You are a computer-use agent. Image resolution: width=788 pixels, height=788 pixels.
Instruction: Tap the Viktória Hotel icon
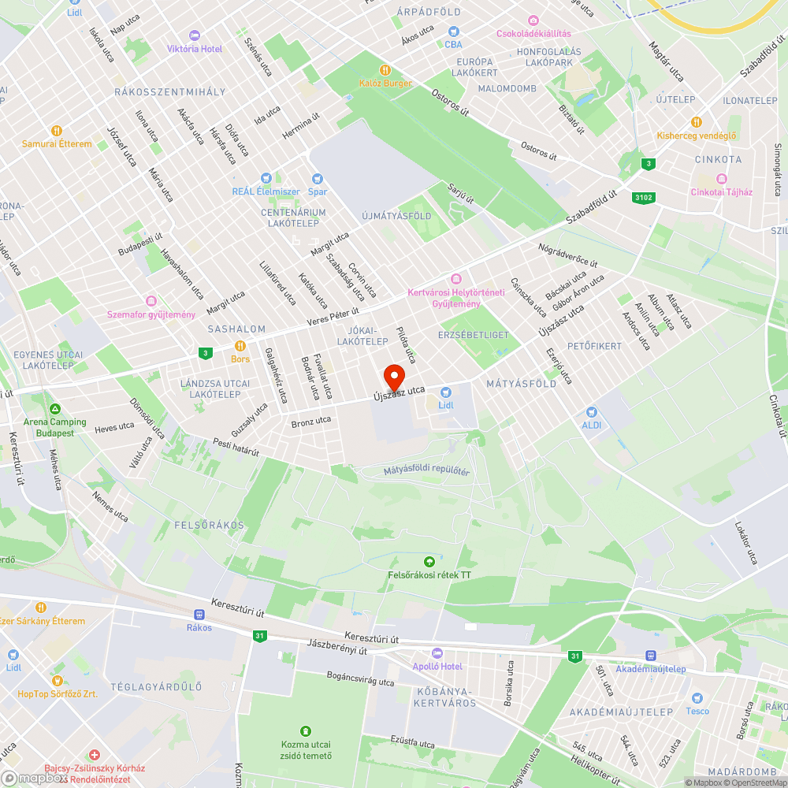pyautogui.click(x=195, y=35)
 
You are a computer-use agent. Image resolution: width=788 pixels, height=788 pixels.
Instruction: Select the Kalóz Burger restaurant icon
pyautogui.click(x=385, y=69)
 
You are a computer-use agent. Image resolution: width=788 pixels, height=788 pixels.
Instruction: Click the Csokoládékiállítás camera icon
pyautogui.click(x=533, y=20)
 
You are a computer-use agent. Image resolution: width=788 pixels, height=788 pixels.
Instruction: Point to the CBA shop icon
pyautogui.click(x=453, y=32)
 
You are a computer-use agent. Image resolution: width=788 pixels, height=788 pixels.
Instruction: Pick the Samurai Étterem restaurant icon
pyautogui.click(x=56, y=131)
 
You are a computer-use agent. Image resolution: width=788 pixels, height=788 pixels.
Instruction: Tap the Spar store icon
pyautogui.click(x=318, y=179)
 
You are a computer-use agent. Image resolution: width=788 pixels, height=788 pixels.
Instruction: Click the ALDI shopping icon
pyautogui.click(x=592, y=412)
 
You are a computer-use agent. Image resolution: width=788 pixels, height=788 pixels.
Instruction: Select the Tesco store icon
pyautogui.click(x=697, y=698)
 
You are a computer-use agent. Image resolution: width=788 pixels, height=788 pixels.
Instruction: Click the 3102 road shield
pyautogui.click(x=644, y=198)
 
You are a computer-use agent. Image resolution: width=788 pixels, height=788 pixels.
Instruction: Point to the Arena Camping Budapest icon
pyautogui.click(x=54, y=410)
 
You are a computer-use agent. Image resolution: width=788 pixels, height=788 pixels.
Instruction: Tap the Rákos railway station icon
pyautogui.click(x=199, y=615)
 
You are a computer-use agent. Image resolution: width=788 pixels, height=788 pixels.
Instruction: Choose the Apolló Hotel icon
pyautogui.click(x=437, y=653)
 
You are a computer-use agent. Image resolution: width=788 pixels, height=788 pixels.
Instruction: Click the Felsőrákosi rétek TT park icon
pyautogui.click(x=429, y=562)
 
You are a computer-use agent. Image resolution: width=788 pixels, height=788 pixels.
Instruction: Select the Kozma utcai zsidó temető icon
pyautogui.click(x=306, y=731)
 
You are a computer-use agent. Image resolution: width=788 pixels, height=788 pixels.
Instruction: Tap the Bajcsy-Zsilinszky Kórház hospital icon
pyautogui.click(x=95, y=755)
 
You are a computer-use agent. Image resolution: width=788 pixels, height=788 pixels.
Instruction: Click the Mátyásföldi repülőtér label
pyautogui.click(x=426, y=471)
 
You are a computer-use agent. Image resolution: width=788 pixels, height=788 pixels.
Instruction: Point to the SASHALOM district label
pyautogui.click(x=236, y=329)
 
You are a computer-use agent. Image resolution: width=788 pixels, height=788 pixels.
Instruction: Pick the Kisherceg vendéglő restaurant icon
pyautogui.click(x=697, y=122)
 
